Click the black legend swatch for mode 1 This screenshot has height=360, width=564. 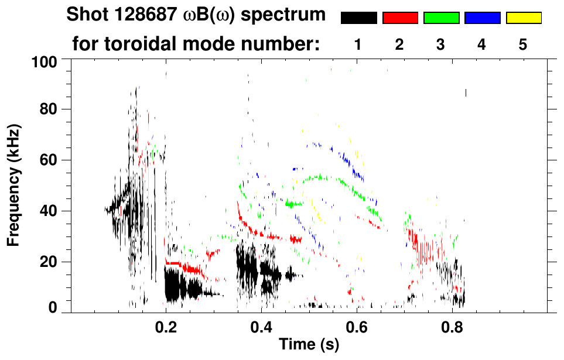[359, 18]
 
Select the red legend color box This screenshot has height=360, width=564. [400, 18]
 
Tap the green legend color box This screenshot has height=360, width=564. [441, 18]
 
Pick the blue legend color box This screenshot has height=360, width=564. [482, 18]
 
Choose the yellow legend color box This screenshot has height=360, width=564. [524, 18]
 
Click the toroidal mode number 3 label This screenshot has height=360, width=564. [441, 45]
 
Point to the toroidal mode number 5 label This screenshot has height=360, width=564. [523, 45]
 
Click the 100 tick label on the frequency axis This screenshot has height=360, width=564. [47, 61]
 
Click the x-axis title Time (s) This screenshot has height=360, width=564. [308, 345]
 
